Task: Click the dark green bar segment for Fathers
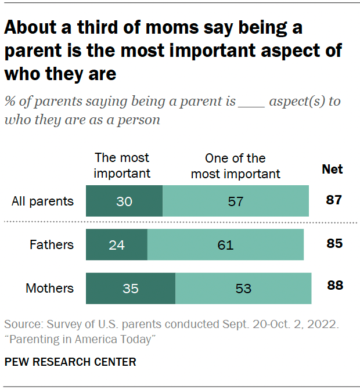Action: point(116,244)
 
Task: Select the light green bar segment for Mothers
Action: point(243,288)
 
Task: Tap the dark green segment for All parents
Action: point(124,201)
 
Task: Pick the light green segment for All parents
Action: point(235,201)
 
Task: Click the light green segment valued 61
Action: point(225,244)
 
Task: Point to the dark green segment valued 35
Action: point(131,288)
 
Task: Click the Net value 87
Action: point(333,201)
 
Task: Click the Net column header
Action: point(332,170)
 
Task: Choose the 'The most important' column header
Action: point(122,165)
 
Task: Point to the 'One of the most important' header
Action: point(235,165)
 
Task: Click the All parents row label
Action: point(43,201)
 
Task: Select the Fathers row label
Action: point(52,244)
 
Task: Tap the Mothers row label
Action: point(50,288)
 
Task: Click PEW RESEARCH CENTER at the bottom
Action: point(70,362)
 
